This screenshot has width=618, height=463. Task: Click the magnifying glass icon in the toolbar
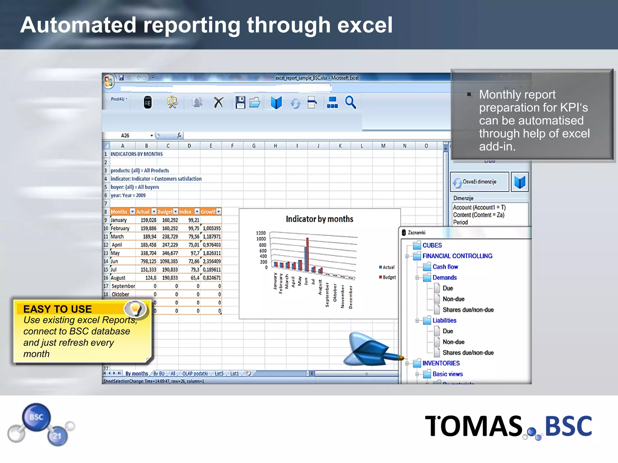click(350, 102)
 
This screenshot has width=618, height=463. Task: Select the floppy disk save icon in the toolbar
click(240, 102)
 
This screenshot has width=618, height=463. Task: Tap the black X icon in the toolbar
click(218, 102)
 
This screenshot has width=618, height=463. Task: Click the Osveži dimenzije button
click(479, 182)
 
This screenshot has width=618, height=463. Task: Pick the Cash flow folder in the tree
click(445, 267)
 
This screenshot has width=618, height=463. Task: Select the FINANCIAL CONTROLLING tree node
click(457, 256)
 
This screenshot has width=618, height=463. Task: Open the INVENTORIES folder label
click(441, 363)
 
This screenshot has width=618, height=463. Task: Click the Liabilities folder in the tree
click(444, 320)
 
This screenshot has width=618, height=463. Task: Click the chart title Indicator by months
click(319, 219)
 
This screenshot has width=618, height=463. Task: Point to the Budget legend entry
click(389, 277)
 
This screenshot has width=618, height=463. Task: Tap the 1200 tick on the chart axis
click(261, 233)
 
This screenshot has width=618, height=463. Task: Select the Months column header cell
click(119, 212)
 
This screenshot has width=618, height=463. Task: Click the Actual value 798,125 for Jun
click(148, 261)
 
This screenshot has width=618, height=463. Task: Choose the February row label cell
click(120, 228)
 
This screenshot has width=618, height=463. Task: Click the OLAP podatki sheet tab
click(195, 373)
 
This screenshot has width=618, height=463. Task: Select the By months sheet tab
click(136, 373)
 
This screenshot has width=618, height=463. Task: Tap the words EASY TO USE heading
click(57, 309)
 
